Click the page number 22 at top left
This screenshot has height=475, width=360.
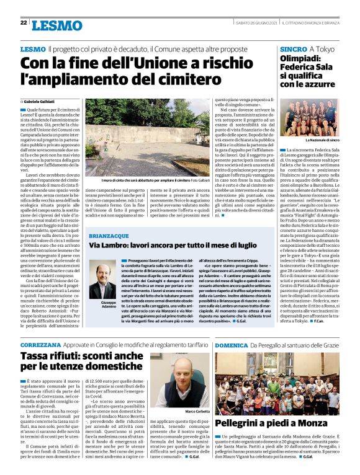[x=24, y=23]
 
